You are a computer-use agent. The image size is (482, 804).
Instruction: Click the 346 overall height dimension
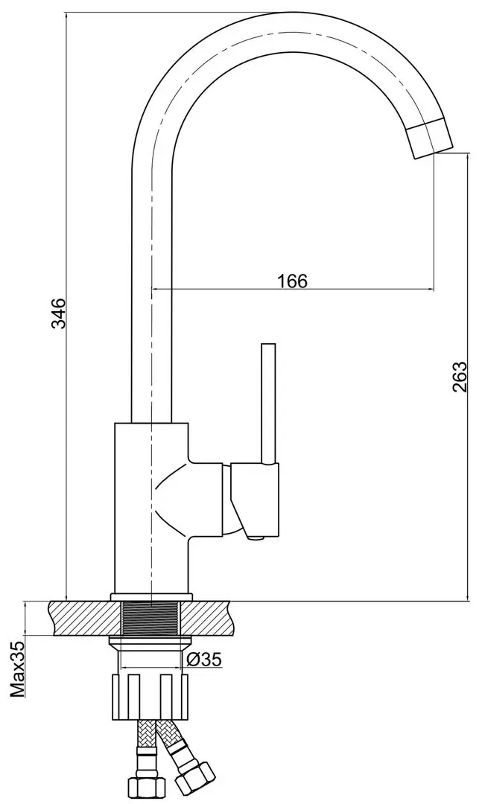point(60,313)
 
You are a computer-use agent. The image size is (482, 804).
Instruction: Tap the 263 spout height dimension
point(459,377)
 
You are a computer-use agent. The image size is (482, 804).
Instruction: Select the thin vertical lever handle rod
point(268,402)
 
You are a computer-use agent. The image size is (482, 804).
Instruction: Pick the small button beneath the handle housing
point(256,537)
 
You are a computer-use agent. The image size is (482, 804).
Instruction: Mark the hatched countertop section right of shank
point(215,619)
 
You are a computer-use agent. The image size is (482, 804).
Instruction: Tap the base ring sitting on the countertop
point(151,596)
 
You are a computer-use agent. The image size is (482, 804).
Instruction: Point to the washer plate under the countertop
point(151,641)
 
